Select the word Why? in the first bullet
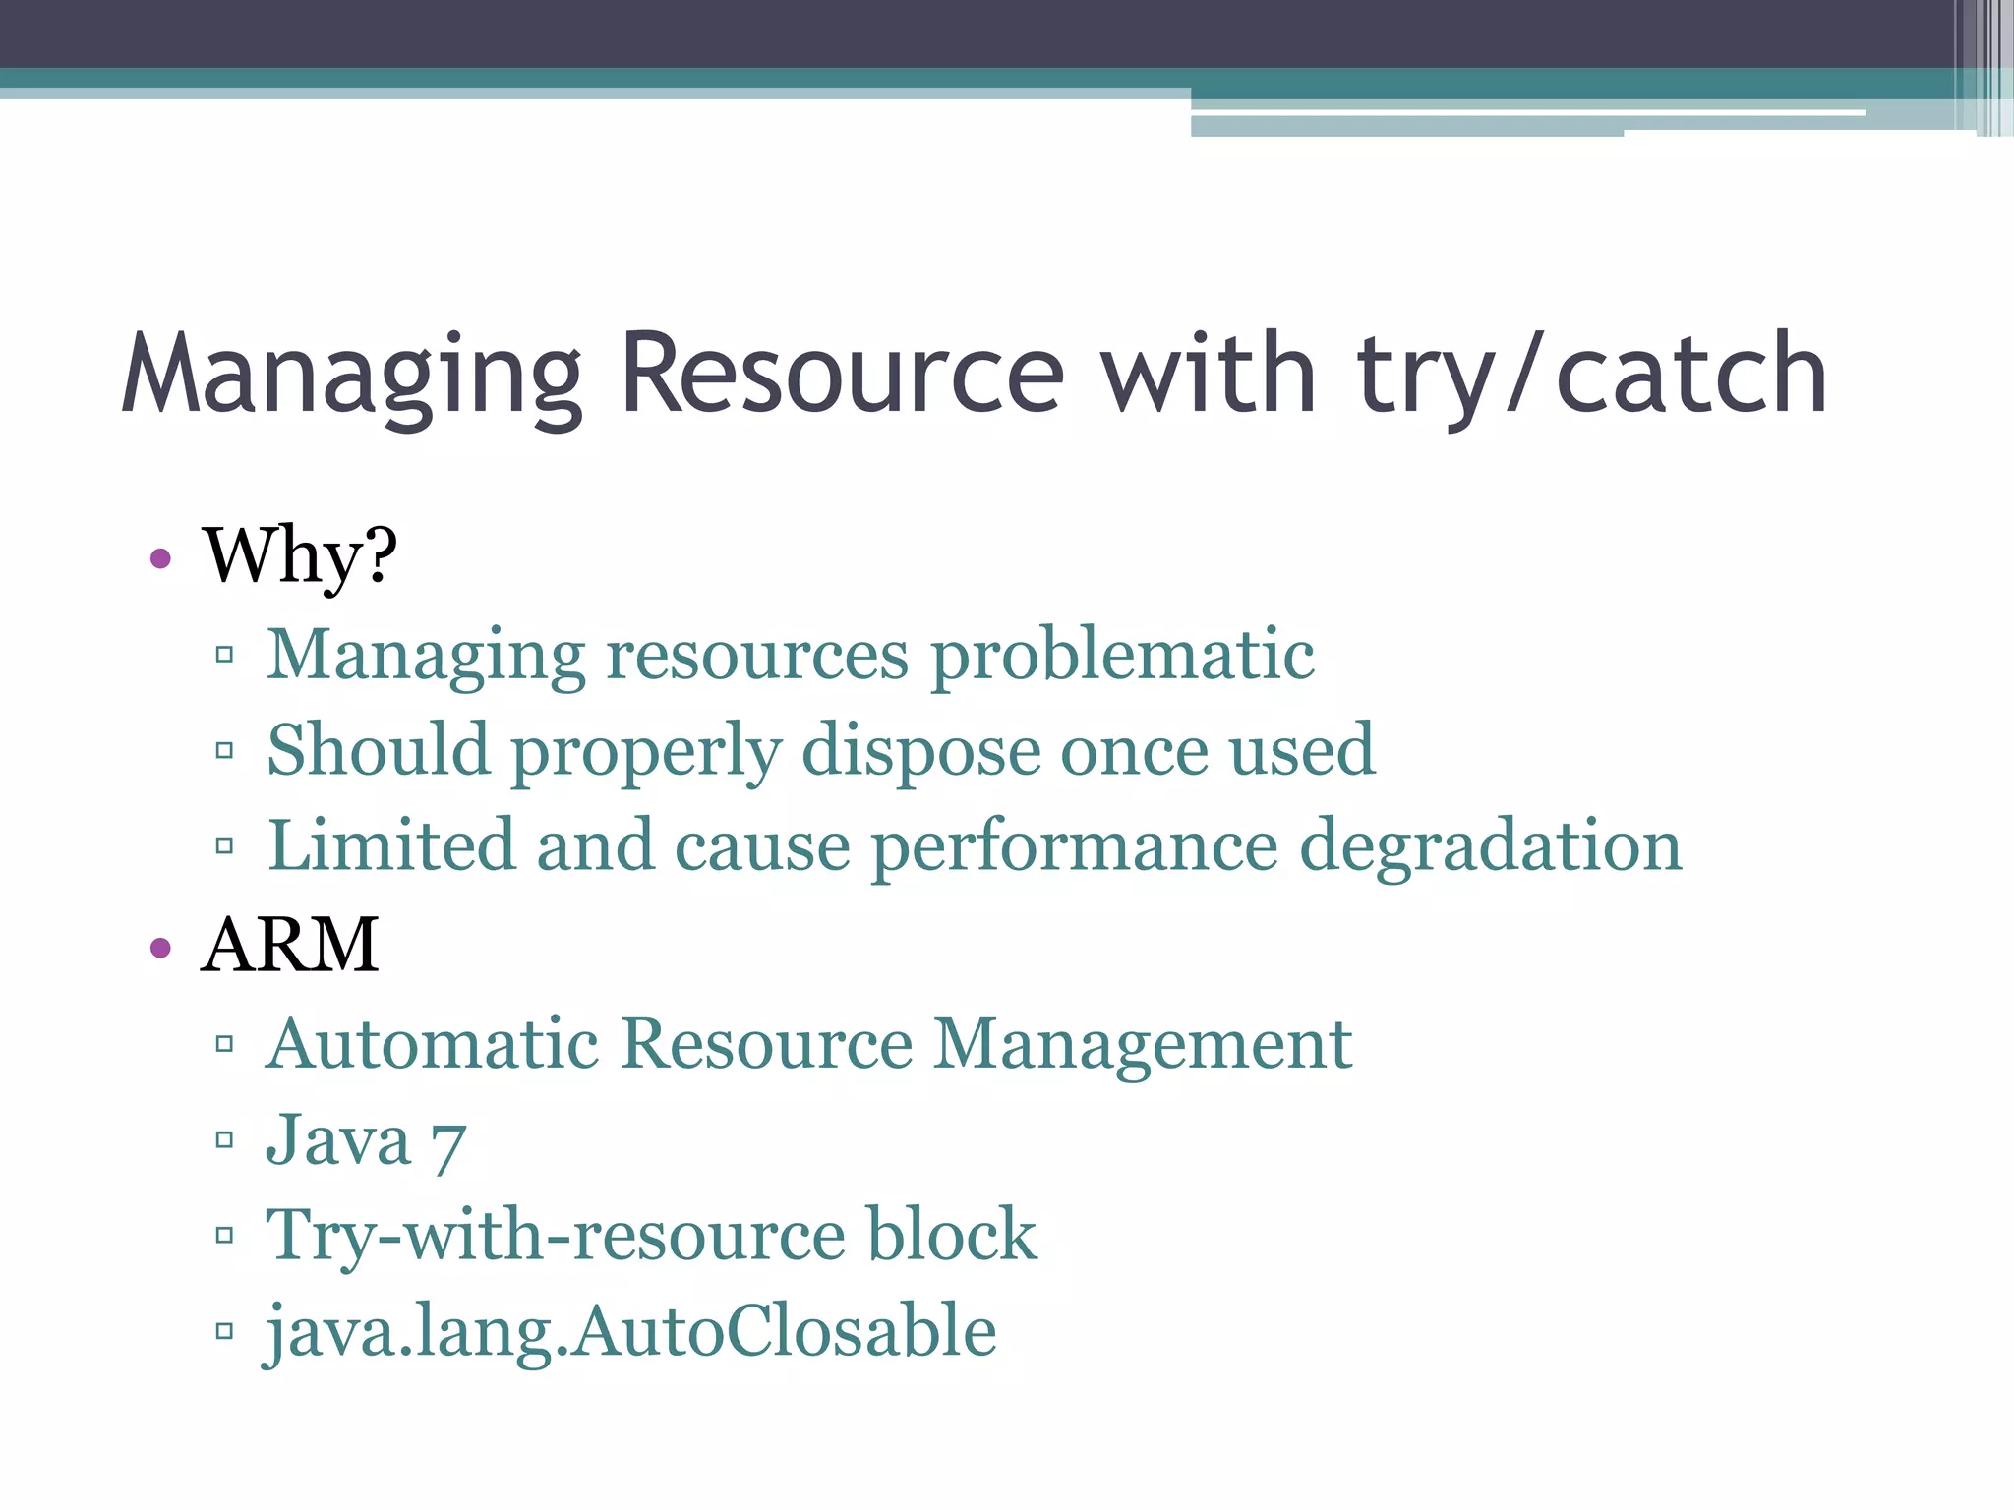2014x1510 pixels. pos(300,556)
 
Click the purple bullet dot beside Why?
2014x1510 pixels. pos(161,559)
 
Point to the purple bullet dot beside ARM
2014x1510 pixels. pos(161,948)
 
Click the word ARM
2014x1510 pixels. pos(290,945)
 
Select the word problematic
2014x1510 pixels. pos(1122,655)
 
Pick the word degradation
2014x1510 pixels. pos(1491,846)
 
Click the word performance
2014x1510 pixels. pos(1075,846)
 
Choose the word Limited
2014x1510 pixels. pos(391,844)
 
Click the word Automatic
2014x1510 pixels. pos(433,1043)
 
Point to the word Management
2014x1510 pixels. pos(1143,1043)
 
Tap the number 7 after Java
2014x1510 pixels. pos(448,1143)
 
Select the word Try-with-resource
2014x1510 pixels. pos(556,1236)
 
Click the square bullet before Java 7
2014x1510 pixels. pos(224,1140)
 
